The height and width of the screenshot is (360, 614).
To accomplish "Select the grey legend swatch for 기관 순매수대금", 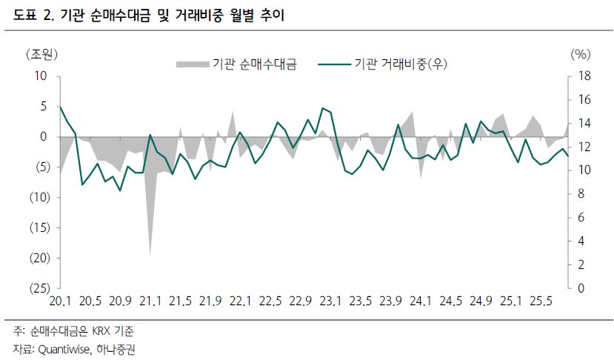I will pos(192,65).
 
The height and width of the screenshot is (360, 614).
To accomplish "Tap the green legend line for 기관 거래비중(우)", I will pos(333,65).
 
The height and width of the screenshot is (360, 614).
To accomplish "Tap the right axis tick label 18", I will pos(583,76).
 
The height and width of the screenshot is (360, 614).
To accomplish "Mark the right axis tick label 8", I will pos(580,194).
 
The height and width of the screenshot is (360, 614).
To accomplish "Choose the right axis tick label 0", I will pos(580,287).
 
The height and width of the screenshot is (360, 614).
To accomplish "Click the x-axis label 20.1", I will pos(60,301).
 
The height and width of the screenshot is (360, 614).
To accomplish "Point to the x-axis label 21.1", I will pos(150,301).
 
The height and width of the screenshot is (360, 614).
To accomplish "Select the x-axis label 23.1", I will pos(330,301).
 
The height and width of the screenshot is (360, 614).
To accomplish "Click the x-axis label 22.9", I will pos(300,301).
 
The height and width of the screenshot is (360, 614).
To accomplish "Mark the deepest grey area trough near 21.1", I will pos(150,254).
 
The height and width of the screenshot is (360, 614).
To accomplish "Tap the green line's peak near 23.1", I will pos(322,108).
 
